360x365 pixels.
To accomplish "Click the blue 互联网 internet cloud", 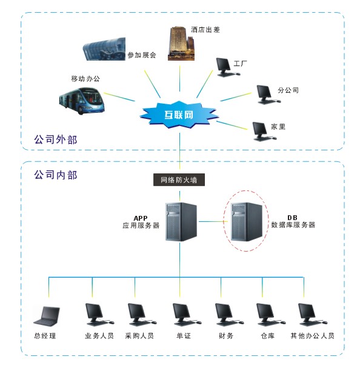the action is tap(179, 115).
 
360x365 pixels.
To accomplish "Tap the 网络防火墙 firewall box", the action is tap(179, 179).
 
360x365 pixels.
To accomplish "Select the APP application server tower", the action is tap(181, 222).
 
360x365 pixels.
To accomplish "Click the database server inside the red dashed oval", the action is tap(247, 222).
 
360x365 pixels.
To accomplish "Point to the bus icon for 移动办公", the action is tap(82, 101).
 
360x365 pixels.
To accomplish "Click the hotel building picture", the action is tap(181, 43).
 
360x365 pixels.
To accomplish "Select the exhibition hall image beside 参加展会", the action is tap(104, 49).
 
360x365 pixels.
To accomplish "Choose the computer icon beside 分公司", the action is tap(268, 94).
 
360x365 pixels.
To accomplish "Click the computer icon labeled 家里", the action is tap(264, 132).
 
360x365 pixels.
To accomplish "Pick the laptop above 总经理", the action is tap(47, 316).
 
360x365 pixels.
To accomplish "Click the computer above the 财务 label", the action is tap(229, 315).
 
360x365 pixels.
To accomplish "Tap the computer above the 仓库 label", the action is tap(271, 315).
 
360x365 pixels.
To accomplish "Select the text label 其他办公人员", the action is tap(312, 336).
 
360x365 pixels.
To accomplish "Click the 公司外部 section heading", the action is tap(56, 139).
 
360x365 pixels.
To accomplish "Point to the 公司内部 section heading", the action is tap(56, 175).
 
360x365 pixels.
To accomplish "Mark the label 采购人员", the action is tap(139, 336).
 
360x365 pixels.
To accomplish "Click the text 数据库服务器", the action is tap(293, 225).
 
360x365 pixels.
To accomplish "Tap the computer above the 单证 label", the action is tap(187, 315).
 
